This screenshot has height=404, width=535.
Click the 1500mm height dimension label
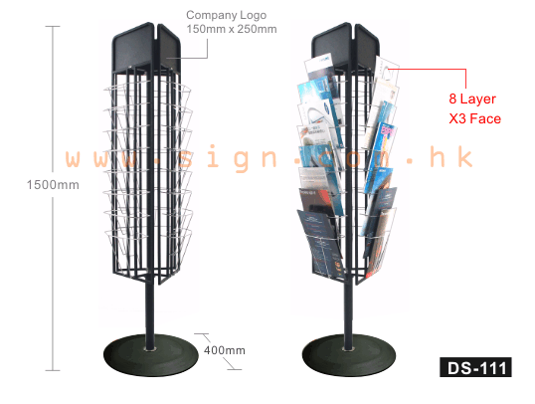pyautogui.click(x=53, y=185)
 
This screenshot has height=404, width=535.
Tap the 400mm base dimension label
pyautogui.click(x=225, y=350)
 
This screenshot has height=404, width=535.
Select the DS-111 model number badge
pyautogui.click(x=475, y=367)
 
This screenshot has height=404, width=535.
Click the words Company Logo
pyautogui.click(x=226, y=15)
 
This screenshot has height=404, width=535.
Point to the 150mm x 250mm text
pyautogui.click(x=232, y=29)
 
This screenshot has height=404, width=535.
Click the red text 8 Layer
pyautogui.click(x=472, y=99)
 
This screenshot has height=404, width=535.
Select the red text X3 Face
pyautogui.click(x=475, y=118)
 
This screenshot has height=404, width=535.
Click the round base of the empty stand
pyautogui.click(x=151, y=355)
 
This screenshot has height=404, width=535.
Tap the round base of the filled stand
pyautogui.click(x=349, y=355)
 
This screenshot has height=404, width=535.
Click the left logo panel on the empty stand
pyautogui.click(x=133, y=47)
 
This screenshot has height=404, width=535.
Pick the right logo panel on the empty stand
pyautogui.click(x=168, y=45)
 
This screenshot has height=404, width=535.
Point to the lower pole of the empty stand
pyautogui.click(x=149, y=312)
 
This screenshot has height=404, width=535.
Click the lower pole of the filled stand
pyautogui.click(x=348, y=312)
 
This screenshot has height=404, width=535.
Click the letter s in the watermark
pyautogui.click(x=186, y=159)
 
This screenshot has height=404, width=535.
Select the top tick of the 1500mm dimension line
pyautogui.click(x=53, y=26)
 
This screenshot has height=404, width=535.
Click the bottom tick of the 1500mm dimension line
pyautogui.click(x=53, y=370)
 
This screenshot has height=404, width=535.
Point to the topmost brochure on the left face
pyautogui.click(x=321, y=70)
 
